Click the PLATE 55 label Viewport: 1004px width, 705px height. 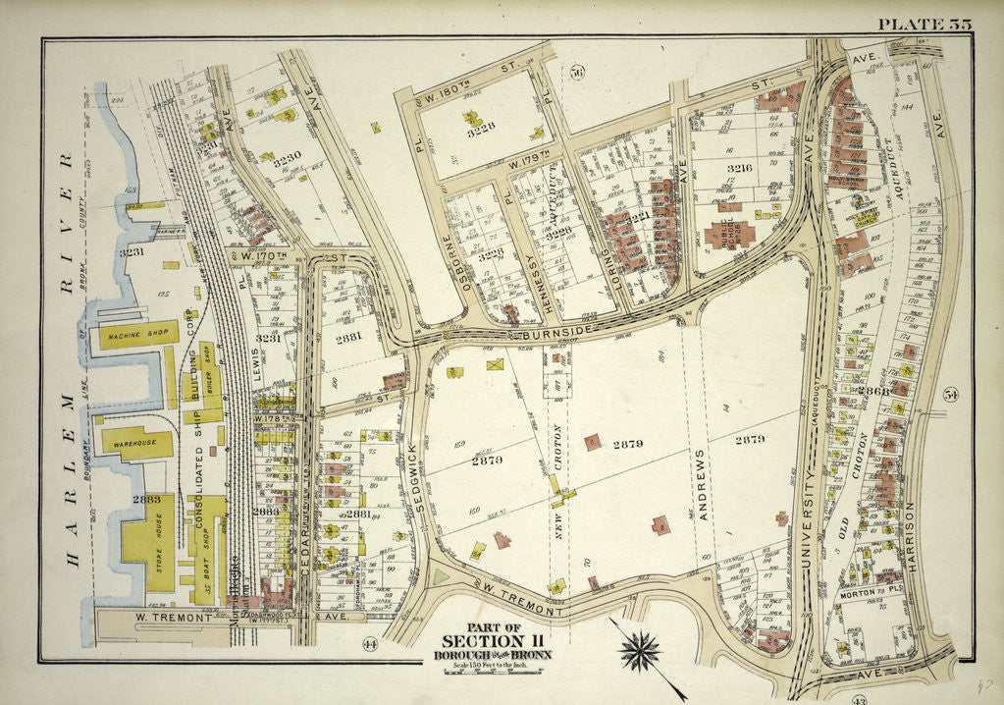pos(925,25)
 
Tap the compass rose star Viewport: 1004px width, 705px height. pos(643,650)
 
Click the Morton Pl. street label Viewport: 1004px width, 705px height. pos(863,594)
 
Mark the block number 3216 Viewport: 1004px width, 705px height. pos(739,169)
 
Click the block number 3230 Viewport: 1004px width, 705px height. pos(287,156)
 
